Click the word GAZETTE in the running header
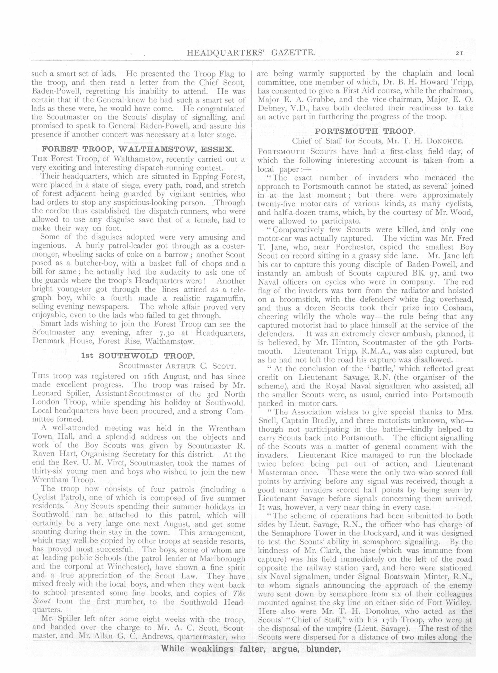tap(292, 53)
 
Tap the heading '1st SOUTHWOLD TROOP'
tap(138, 355)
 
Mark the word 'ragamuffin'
tap(219, 298)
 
